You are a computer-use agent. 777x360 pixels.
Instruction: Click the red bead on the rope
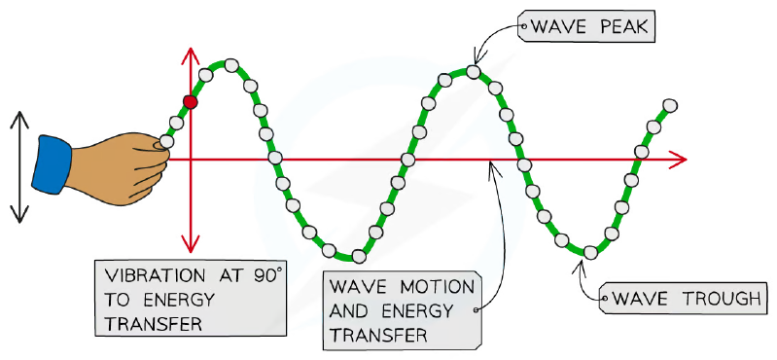190,102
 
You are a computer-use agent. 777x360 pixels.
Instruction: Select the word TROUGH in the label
721,299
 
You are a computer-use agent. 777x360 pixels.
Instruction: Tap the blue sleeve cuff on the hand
51,163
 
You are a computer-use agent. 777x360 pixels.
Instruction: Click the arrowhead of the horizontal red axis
678,160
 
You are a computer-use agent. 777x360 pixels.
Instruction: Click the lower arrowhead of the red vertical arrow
190,243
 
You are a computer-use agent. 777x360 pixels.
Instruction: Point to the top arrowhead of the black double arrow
18,119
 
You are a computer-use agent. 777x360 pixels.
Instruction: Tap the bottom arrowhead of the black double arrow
18,214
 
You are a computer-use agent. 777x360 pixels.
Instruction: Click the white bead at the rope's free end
670,106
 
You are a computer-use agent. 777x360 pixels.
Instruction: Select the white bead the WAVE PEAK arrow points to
474,72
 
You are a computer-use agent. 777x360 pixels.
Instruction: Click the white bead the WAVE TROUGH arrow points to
590,252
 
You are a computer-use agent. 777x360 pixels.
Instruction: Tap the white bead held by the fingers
167,142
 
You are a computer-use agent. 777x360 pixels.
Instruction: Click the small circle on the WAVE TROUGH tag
605,299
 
